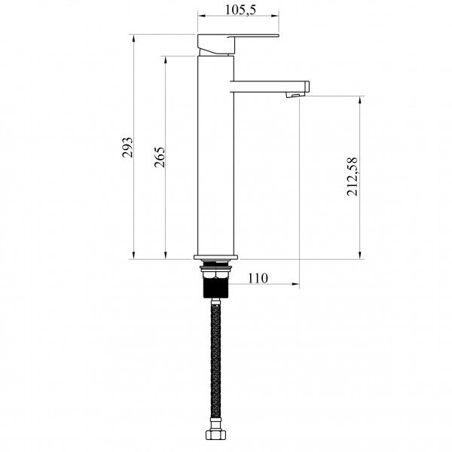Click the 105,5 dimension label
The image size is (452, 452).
(x=240, y=10)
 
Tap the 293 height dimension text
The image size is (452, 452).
(x=127, y=147)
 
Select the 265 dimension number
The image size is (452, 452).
(x=160, y=157)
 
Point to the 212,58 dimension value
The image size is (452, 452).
(x=352, y=176)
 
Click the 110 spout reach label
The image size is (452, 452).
(x=258, y=278)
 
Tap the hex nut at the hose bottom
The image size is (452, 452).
(x=215, y=435)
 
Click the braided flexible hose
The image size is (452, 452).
(x=215, y=360)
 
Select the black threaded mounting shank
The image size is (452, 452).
(x=216, y=288)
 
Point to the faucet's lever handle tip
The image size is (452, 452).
(x=278, y=35)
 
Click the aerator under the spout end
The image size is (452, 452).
(x=295, y=95)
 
